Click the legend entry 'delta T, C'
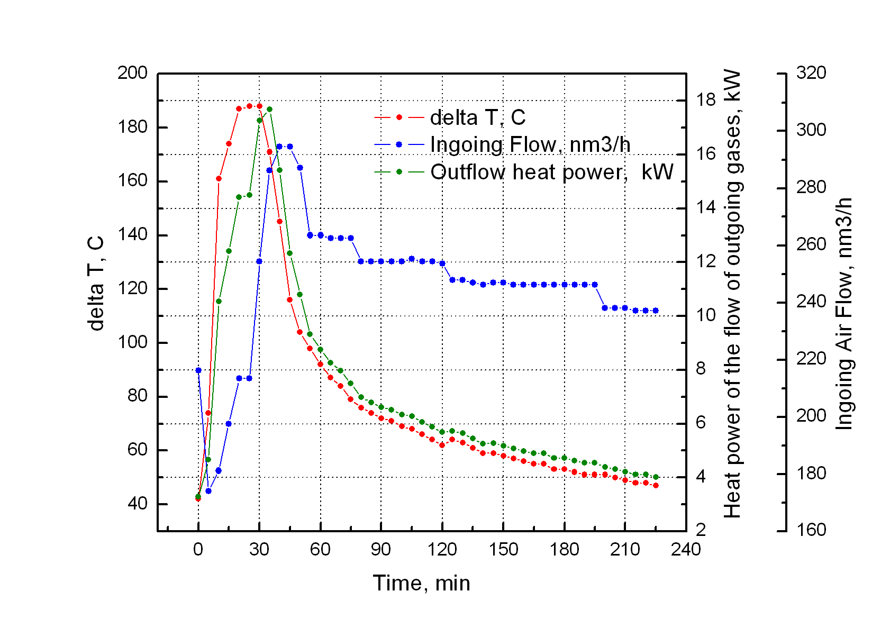coord(477,117)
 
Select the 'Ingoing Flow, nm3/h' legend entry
coord(530,144)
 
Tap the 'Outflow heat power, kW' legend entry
coord(551,172)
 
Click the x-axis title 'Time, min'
coord(421,583)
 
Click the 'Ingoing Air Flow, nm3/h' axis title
coord(843,313)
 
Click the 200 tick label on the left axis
coord(132,73)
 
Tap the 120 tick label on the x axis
coord(442,550)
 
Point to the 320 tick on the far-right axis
coord(811,73)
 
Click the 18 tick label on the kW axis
coord(705,99)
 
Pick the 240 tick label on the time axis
coord(686,550)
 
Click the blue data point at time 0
coord(198,370)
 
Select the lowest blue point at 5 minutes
coord(208,491)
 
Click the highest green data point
coord(269,110)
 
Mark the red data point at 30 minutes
coord(259,106)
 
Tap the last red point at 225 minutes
coord(656,485)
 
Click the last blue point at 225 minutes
coord(656,311)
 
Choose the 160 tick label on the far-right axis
coord(811,530)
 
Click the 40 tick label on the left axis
coord(137,504)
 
